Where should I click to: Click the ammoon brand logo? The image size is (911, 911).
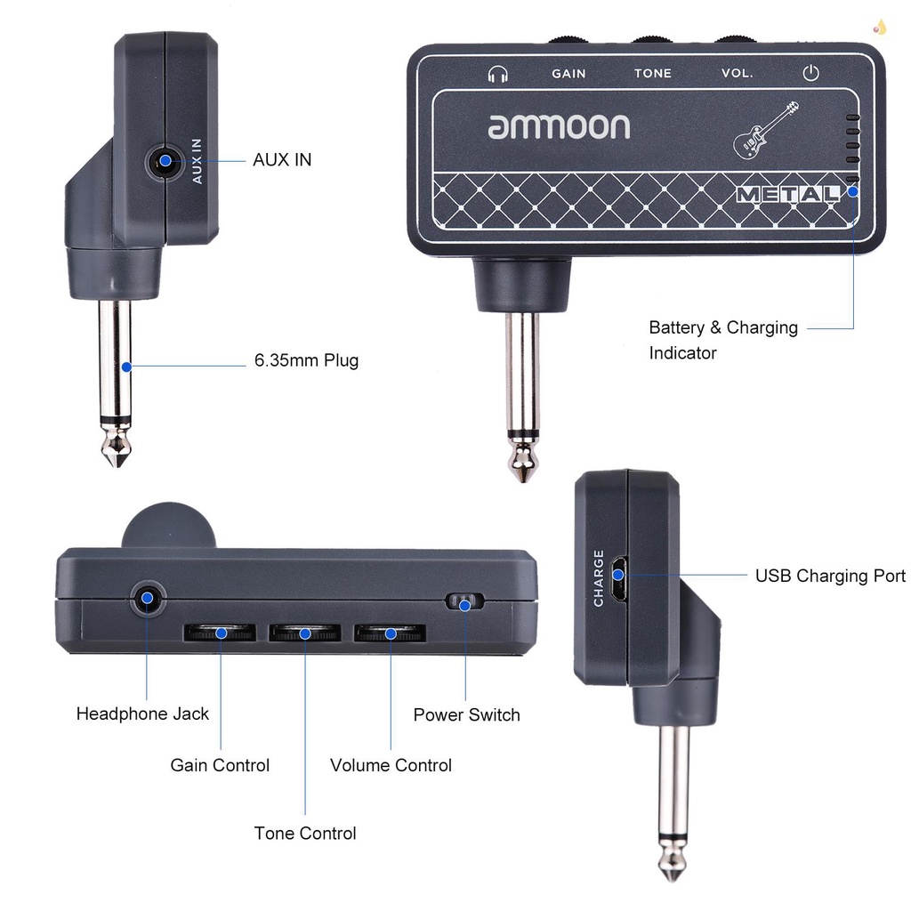pos(559,125)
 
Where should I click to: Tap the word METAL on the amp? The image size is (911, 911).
pos(787,194)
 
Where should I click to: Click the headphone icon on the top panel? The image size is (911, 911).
pos(497,74)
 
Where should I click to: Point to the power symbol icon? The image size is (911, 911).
pos(810,73)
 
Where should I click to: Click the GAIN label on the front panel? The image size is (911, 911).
pos(568,74)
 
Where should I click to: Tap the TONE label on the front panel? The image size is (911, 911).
pos(652,74)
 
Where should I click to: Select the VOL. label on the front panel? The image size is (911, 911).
pos(737,74)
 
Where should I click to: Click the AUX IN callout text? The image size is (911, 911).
pos(282,160)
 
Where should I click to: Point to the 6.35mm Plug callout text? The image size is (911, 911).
pos(306,361)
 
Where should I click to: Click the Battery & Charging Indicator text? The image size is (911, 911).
pos(722,340)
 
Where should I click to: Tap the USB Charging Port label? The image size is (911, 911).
pos(830,576)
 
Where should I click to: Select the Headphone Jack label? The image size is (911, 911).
pos(142,713)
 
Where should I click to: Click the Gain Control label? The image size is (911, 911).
pos(220,765)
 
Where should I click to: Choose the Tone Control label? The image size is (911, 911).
pos(305,834)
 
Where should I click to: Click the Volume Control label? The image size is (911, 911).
pos(391,765)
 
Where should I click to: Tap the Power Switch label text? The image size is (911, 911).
pos(466,714)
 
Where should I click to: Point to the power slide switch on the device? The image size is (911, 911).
pos(464,602)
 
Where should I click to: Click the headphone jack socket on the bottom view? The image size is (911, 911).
pos(148,599)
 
